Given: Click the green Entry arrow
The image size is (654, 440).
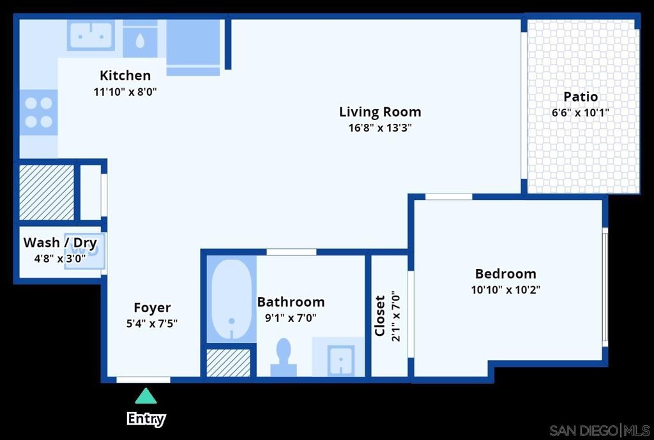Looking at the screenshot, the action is (x=146, y=396).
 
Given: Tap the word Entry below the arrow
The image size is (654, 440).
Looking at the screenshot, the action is (x=146, y=418).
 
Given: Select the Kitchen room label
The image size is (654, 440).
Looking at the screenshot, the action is (x=125, y=75).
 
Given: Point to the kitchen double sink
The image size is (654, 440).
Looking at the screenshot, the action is (x=91, y=36).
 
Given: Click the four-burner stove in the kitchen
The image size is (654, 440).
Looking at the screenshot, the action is (x=38, y=112).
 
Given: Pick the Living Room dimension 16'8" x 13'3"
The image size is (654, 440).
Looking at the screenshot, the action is (x=380, y=128).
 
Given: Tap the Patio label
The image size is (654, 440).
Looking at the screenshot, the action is (x=581, y=97).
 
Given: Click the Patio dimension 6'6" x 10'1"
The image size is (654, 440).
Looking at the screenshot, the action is (x=581, y=112).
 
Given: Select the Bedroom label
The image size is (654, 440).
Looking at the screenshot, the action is (x=506, y=273).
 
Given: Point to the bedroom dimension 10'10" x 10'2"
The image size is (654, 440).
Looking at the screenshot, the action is (x=506, y=289).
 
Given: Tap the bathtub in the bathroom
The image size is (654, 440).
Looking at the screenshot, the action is (x=231, y=300).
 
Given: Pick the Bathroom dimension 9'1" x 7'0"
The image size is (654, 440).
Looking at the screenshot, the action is (x=291, y=318).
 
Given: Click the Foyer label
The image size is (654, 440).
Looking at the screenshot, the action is (x=152, y=308).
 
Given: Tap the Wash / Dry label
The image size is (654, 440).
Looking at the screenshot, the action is (x=60, y=242).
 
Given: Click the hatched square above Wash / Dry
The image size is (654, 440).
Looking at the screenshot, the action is (x=47, y=192).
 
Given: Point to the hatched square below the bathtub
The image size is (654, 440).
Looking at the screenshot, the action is (x=229, y=363).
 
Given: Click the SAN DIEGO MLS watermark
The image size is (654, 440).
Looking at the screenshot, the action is (x=599, y=430).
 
